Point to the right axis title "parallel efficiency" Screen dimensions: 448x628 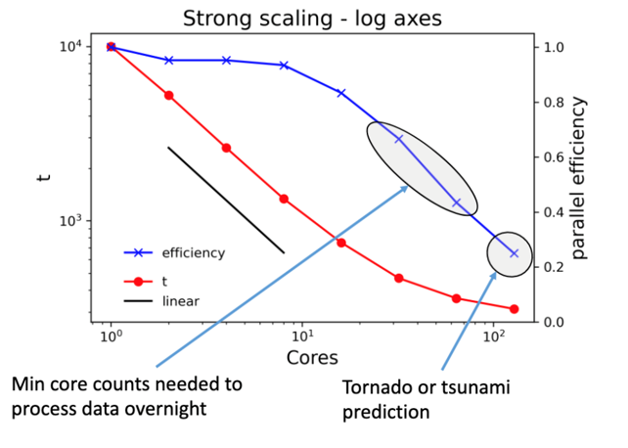[580, 177]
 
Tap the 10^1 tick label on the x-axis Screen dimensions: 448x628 [302, 336]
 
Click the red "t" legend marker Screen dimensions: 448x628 [139, 280]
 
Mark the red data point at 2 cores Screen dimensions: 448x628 [168, 95]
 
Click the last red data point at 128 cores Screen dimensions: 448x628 [515, 309]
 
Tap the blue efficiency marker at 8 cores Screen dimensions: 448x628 [284, 66]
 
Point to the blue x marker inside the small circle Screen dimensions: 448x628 [514, 253]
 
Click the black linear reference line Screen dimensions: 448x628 [226, 201]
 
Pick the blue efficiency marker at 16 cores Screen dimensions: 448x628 [341, 93]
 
